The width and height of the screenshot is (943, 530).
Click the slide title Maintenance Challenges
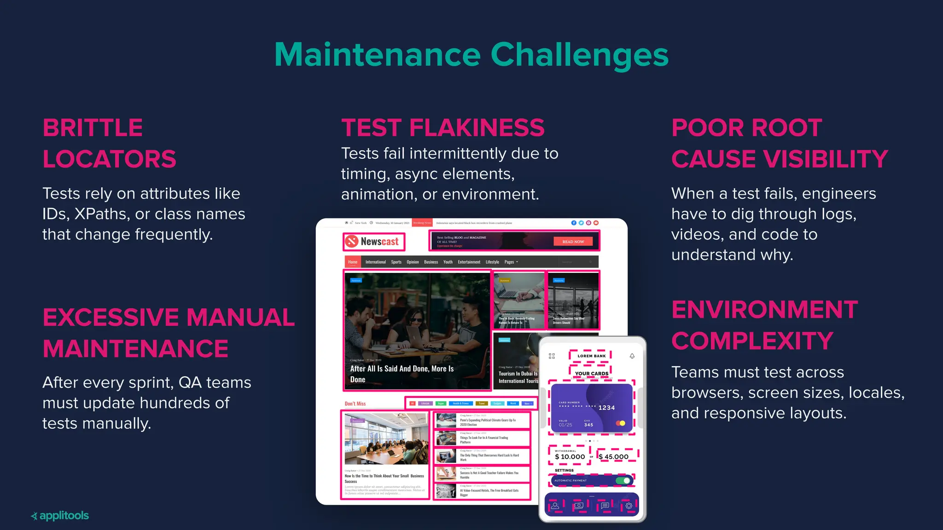[x=471, y=55]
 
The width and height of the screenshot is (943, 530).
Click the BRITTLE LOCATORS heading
[x=109, y=143]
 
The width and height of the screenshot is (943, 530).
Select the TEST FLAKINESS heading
[x=442, y=127]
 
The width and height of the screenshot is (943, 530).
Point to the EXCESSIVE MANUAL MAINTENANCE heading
[x=169, y=333]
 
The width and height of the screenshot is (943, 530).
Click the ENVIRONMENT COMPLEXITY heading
[x=764, y=325]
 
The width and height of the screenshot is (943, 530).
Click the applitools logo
[x=60, y=516]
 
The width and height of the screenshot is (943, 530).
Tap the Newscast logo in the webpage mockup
[x=374, y=242]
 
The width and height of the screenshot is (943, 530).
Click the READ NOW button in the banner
[x=573, y=242]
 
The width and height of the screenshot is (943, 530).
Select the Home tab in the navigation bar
[x=353, y=262]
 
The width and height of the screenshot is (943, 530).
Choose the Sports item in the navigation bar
[x=396, y=262]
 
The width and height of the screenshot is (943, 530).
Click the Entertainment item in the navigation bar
[x=469, y=262]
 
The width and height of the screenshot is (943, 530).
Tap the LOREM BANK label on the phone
[x=592, y=356]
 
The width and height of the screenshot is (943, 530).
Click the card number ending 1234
[x=606, y=408]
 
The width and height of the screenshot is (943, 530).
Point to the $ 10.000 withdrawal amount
[x=570, y=457]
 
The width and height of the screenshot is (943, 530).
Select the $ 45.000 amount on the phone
[x=614, y=457]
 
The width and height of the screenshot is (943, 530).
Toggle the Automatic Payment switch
[x=623, y=480]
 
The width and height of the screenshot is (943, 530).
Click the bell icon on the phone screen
[x=632, y=356]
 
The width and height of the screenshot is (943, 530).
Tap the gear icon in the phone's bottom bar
[x=629, y=506]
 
